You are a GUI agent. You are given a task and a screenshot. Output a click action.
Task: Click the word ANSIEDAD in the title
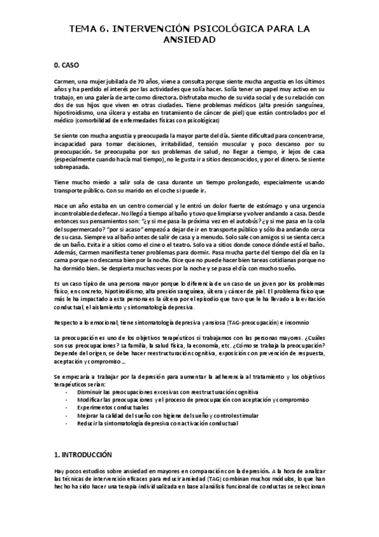point(189,39)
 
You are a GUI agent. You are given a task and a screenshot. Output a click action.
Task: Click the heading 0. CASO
point(68,65)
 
